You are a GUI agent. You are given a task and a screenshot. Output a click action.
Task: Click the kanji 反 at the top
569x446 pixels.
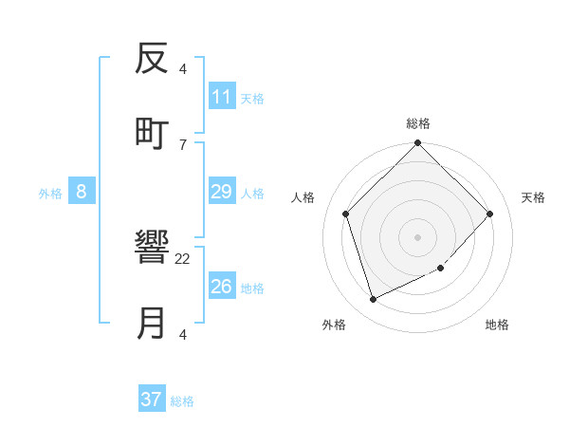point(152,60)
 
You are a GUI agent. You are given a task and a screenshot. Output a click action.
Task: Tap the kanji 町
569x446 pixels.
point(152,133)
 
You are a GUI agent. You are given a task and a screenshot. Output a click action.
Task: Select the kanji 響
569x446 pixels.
point(152,250)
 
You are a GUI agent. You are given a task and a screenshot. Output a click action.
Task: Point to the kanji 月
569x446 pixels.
point(152,324)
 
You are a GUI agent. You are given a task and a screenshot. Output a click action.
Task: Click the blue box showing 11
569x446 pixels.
point(221,97)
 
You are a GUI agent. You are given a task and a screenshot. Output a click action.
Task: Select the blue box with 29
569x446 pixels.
point(221,192)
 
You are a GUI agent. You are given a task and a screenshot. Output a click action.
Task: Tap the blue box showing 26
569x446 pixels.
point(221,286)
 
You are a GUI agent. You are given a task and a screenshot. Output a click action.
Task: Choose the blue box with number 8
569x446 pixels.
point(82,192)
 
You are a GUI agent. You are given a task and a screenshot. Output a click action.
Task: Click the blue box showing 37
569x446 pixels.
point(152,400)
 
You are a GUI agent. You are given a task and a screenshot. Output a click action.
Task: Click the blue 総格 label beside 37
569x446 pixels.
point(182,401)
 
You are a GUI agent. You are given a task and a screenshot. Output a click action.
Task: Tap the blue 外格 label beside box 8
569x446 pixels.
point(50,194)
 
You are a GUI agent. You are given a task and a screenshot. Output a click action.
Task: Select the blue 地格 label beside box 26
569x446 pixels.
point(252,288)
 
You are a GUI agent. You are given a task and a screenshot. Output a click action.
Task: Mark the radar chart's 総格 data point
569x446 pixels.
point(418,144)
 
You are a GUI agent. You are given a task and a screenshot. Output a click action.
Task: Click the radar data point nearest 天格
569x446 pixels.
point(490,214)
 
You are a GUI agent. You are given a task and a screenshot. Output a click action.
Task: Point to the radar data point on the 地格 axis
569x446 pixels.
point(440,268)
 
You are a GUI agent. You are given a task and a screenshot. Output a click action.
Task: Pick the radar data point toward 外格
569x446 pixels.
point(374,300)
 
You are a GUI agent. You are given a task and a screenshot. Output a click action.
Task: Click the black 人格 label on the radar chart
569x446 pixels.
point(303,197)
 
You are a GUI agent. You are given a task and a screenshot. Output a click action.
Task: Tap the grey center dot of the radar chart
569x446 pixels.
point(418,236)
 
